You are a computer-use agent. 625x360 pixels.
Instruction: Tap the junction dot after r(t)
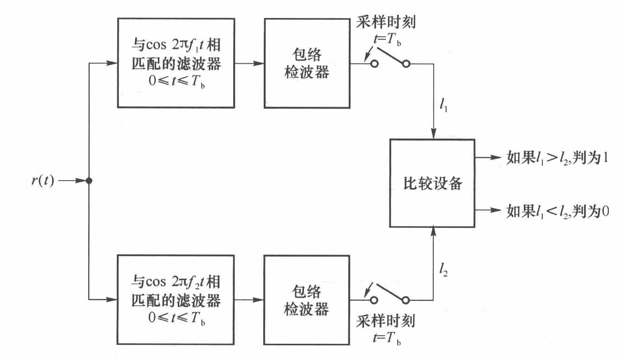tap(88, 181)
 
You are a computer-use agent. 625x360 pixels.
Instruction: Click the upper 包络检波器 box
tap(307, 63)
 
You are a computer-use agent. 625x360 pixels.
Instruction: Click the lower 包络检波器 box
tap(307, 299)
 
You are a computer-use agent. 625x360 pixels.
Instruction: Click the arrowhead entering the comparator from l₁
tap(433, 133)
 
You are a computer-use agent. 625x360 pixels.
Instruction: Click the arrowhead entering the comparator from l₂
tap(433, 232)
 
